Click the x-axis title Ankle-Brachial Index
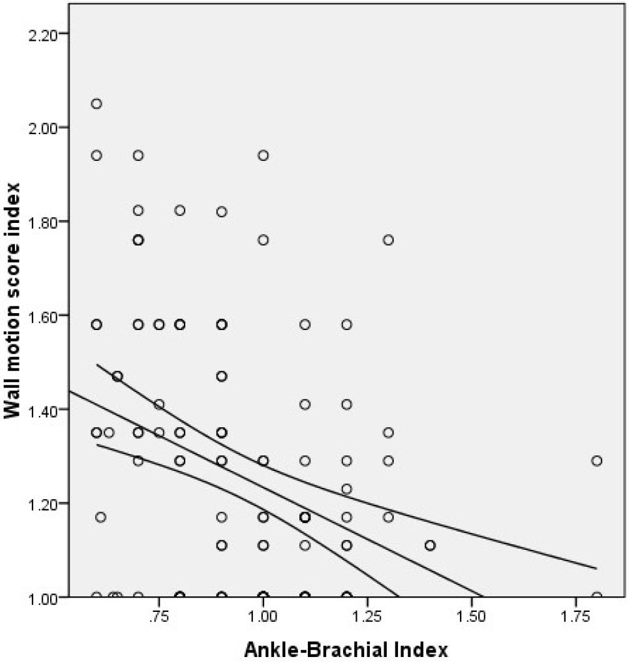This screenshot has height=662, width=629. pyautogui.click(x=346, y=649)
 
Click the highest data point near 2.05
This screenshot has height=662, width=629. pyautogui.click(x=96, y=103)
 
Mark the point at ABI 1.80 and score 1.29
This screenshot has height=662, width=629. pyautogui.click(x=596, y=461)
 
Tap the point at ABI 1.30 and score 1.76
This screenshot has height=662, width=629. pyautogui.click(x=388, y=240)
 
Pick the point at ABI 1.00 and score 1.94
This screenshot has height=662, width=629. pyautogui.click(x=263, y=155)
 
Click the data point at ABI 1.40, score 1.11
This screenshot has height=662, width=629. pyautogui.click(x=430, y=546)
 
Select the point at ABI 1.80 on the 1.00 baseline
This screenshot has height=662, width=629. pyautogui.click(x=596, y=596)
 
